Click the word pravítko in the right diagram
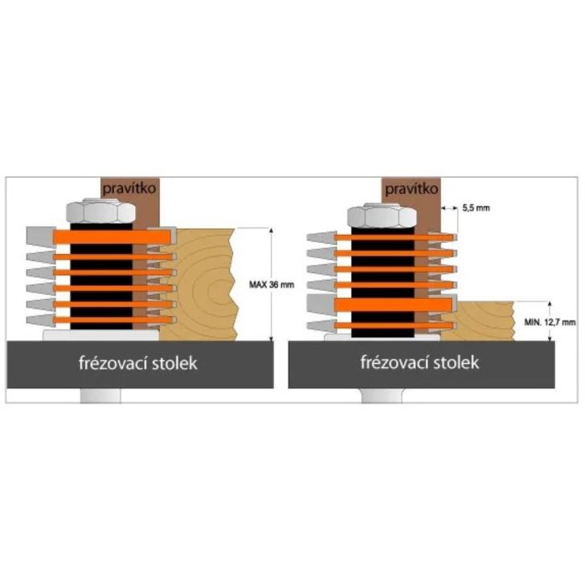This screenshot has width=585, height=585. tap(411, 190)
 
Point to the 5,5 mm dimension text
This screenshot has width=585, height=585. tap(475, 208)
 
